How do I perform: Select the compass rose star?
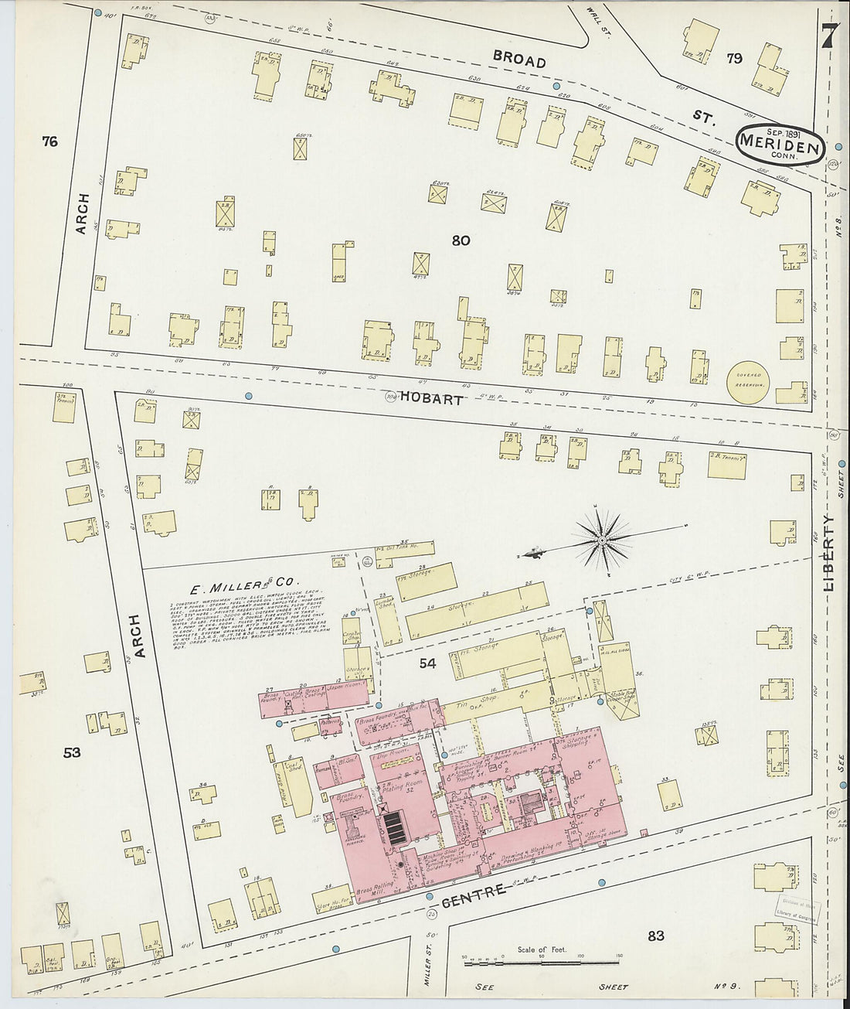(601, 539)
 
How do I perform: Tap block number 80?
(461, 241)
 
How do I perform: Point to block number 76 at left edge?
(50, 141)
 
